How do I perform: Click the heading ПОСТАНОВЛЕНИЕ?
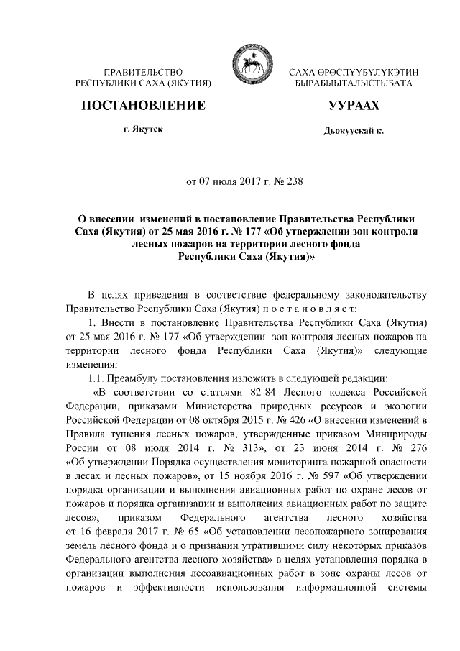142,106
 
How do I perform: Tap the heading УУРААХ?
353,106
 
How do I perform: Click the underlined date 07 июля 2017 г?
235,181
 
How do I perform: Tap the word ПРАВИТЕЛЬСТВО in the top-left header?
142,73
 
